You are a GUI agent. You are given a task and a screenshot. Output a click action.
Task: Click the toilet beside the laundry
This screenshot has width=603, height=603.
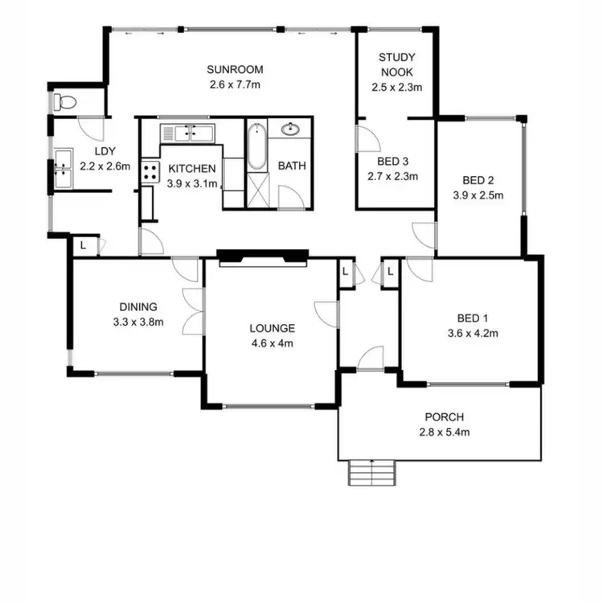pos(65,103)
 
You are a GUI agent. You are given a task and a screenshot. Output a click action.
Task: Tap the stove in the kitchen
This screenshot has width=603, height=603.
pos(150,170)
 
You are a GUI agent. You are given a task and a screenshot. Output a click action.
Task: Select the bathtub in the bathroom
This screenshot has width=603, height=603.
pos(255,146)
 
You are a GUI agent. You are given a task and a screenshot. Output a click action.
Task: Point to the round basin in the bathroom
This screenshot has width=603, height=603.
pos(289,129)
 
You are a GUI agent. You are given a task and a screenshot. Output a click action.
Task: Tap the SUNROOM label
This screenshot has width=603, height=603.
pos(234,69)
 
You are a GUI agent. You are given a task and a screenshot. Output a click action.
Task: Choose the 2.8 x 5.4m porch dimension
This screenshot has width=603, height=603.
pos(445,432)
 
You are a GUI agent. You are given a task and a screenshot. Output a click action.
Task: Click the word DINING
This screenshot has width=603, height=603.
pos(137,306)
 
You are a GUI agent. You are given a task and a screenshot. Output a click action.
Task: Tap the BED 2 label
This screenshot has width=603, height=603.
pos(478,179)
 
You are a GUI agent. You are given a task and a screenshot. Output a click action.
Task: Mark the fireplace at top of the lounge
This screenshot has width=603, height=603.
pos(262,256)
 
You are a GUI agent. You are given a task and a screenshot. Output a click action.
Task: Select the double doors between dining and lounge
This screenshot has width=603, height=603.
pos(193,311)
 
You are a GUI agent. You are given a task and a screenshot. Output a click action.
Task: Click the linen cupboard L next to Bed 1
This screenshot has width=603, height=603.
pos(390,273)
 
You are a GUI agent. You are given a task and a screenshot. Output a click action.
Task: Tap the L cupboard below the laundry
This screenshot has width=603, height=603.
pos(84,246)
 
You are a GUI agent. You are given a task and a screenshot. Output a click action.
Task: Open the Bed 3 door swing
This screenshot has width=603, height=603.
pos(366,139)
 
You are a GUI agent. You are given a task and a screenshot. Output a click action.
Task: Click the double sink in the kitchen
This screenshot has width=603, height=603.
pos(187,133)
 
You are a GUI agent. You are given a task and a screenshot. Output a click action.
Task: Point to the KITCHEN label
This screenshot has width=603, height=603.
pos(191,169)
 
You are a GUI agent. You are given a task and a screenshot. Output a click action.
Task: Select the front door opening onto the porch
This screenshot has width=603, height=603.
pos(370,359)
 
